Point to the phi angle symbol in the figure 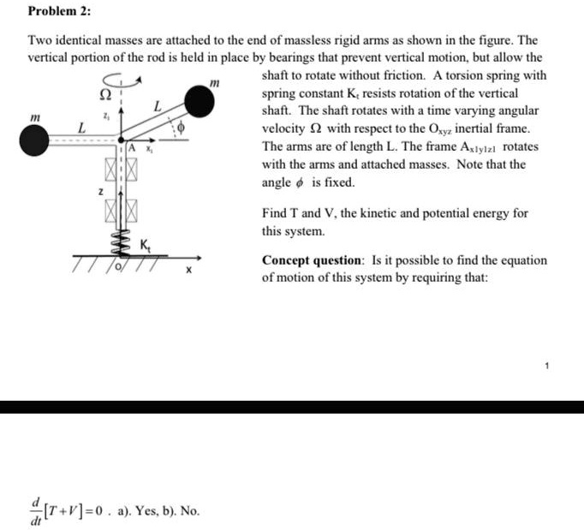click(182, 127)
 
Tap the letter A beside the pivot click(134, 151)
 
